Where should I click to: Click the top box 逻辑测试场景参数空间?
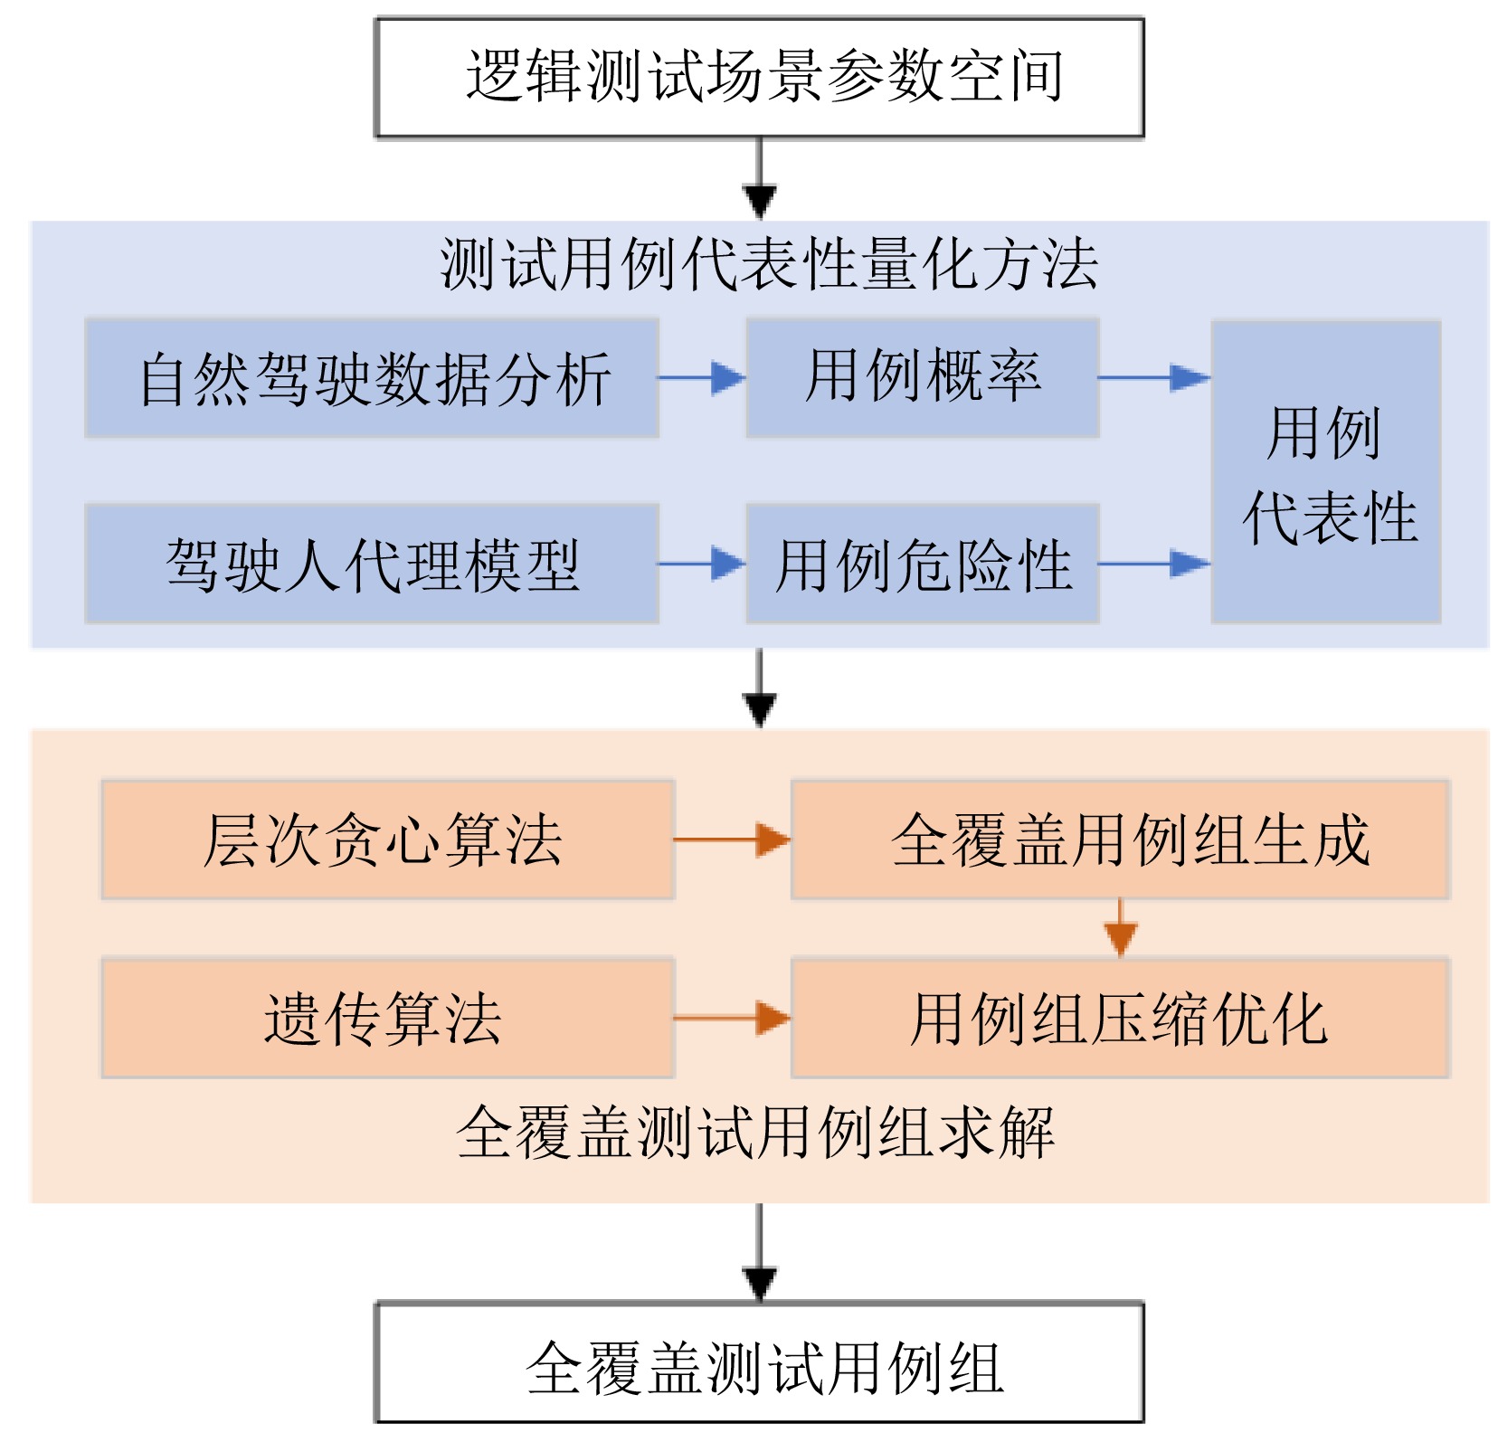759,77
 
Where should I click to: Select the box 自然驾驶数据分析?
372,378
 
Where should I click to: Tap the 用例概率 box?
922,378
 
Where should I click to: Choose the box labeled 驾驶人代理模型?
372,564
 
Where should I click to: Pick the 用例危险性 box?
922,564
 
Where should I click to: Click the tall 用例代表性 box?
1325,472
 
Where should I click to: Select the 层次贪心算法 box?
387,840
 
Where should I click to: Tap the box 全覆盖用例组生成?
1120,840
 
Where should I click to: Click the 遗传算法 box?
387,1018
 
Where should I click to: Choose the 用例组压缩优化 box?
1120,1018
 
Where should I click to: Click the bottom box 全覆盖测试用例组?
759,1362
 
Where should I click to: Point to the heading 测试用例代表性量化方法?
768,265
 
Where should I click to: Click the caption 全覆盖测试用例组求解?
755,1132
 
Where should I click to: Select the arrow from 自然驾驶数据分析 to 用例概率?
702,378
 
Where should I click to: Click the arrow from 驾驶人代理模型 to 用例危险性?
702,564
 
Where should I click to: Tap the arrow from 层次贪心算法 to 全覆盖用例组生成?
732,840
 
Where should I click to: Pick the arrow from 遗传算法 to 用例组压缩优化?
732,1018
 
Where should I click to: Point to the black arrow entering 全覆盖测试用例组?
759,1253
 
